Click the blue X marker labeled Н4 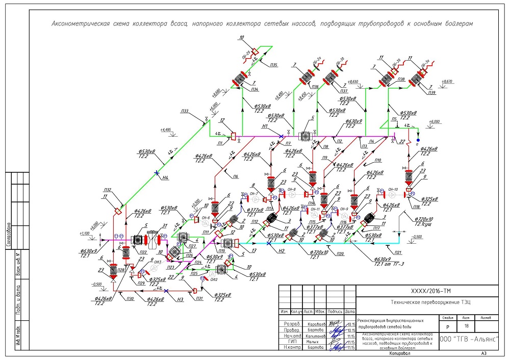(157, 173)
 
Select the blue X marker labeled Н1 (281, 136)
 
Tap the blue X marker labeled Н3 (166, 291)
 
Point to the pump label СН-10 (393, 189)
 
